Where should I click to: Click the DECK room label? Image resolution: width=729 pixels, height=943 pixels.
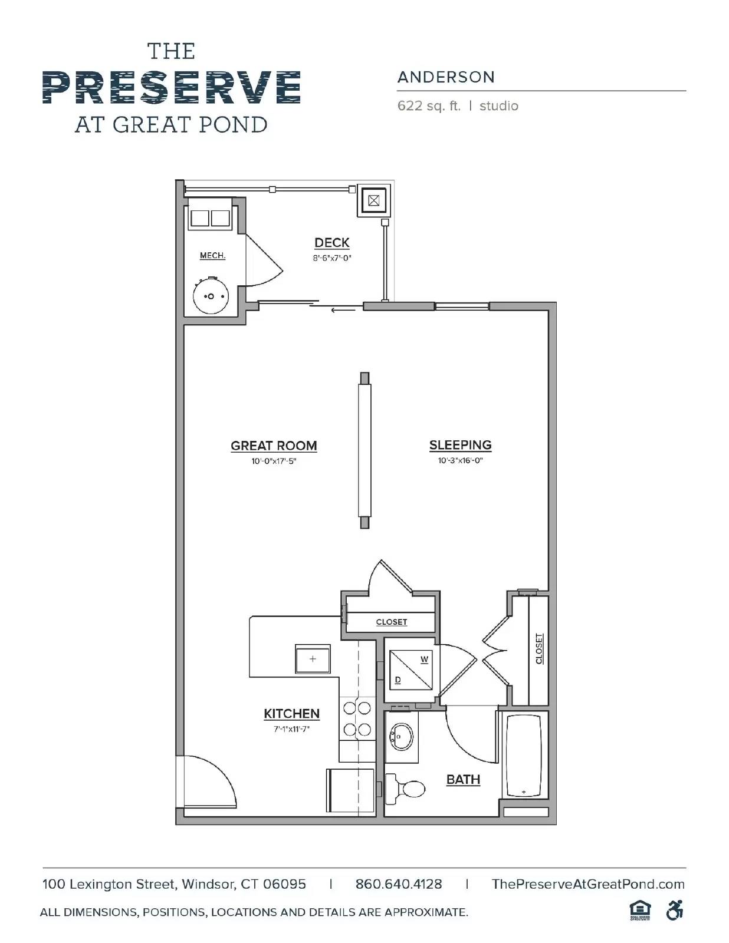pos(331,243)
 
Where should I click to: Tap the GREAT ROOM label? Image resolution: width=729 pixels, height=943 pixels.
pos(274,446)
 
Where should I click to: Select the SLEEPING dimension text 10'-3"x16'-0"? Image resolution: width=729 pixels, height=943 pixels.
pos(460,461)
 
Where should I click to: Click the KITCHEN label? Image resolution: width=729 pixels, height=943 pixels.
pos(291,714)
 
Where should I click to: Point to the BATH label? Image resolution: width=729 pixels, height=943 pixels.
pos(463,780)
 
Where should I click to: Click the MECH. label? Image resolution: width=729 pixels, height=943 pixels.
pos(212,255)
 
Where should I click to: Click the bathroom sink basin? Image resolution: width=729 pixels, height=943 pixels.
pos(402,737)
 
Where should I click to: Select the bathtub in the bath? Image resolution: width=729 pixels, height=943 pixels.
pos(524,756)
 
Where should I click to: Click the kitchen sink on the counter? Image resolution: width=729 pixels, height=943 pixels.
pos(313,659)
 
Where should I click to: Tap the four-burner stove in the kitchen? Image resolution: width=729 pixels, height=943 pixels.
pos(357,718)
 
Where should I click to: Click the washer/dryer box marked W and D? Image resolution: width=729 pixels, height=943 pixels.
pos(411,669)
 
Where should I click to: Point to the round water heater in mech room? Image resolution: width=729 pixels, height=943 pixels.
pos(211,296)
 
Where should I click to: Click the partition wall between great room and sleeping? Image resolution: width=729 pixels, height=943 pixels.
pos(364,450)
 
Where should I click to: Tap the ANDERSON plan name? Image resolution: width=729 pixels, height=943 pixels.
pos(446,77)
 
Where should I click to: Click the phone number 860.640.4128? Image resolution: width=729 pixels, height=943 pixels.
pos(398,884)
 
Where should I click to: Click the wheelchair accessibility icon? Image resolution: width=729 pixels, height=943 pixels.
pos(674,911)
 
